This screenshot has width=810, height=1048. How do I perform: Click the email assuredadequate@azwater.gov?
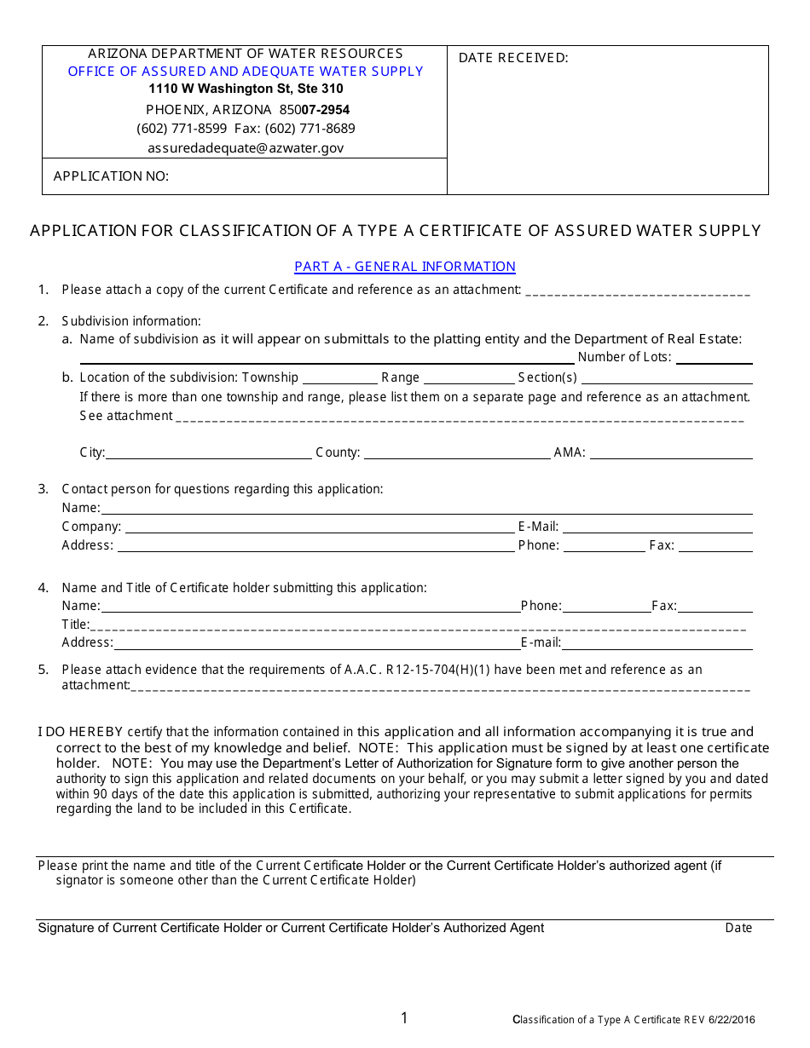(246, 147)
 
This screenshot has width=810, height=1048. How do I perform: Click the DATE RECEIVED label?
(513, 58)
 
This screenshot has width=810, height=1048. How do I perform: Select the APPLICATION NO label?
(111, 176)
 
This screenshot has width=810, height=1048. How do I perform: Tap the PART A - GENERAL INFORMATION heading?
(405, 267)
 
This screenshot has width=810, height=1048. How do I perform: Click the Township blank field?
(339, 378)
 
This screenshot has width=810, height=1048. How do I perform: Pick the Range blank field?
(468, 378)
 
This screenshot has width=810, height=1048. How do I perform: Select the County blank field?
(456, 453)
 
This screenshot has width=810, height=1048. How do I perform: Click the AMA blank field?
(671, 453)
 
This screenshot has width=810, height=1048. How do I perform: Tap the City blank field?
(209, 453)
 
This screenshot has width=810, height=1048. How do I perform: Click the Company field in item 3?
(319, 527)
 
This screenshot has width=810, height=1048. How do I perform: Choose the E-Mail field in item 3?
(657, 527)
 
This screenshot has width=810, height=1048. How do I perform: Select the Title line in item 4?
(418, 625)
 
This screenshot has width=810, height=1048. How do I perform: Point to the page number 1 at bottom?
(404, 1018)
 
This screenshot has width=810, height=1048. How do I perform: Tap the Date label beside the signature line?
(738, 928)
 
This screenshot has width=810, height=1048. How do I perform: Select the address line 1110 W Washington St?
(246, 89)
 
